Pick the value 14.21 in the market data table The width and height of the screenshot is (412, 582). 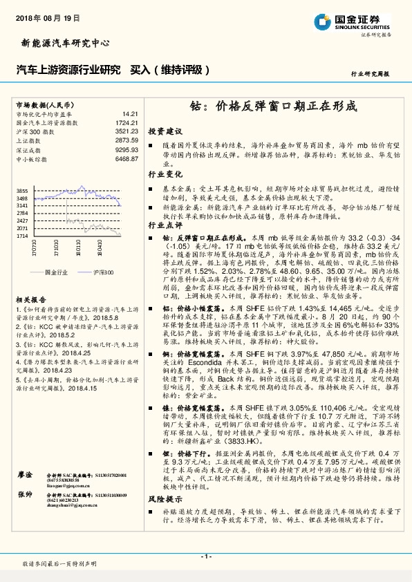(131, 113)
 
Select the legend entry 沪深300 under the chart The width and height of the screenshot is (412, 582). (104, 273)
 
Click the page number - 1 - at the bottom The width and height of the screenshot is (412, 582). (205, 556)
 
